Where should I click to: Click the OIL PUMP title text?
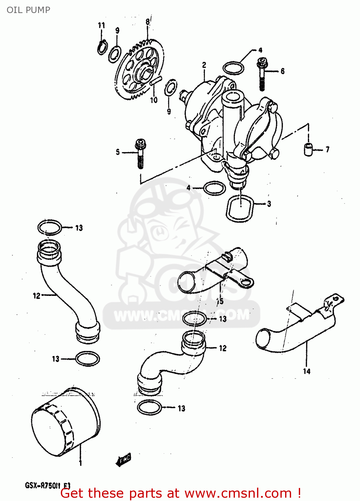(x=28, y=10)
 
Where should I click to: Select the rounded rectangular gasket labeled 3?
(x=240, y=208)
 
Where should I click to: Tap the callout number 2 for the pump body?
(x=204, y=65)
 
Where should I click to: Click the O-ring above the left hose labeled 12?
(x=49, y=227)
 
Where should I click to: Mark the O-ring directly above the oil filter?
(x=88, y=359)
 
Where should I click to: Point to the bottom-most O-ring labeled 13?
(x=149, y=407)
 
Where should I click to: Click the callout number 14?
(x=307, y=371)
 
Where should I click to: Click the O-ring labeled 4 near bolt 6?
(x=233, y=68)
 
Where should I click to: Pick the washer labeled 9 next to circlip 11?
(x=115, y=53)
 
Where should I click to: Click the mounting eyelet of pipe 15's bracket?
(x=247, y=284)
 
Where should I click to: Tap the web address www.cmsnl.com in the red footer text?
(x=238, y=493)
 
